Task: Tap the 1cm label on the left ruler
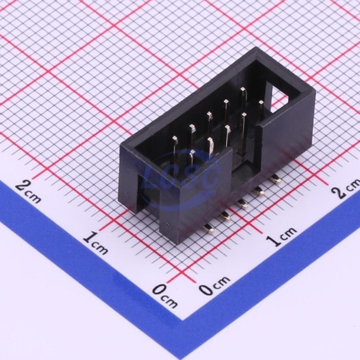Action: [x=96, y=243]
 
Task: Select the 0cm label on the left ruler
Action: [x=165, y=295]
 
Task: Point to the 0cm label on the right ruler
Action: [x=214, y=285]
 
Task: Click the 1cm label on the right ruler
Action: [x=281, y=236]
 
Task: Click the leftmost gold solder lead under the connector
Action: [x=208, y=228]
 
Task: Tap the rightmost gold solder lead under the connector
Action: [x=276, y=179]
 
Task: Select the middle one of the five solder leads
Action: [x=242, y=203]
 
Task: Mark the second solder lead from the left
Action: [x=225, y=216]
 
